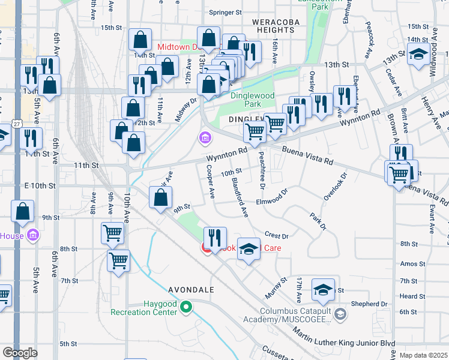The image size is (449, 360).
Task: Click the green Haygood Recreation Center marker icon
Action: [186, 308]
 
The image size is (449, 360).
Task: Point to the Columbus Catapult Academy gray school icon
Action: [340, 314]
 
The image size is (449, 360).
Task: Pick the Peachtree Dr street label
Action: [262, 169]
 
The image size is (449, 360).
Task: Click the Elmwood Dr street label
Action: [273, 198]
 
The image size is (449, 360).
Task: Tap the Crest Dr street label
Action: [277, 236]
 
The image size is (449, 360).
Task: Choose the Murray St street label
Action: [276, 287]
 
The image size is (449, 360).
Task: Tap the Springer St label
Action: [224, 12]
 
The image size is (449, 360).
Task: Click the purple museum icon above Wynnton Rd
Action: [205, 139]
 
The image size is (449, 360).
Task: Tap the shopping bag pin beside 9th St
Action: [161, 198]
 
